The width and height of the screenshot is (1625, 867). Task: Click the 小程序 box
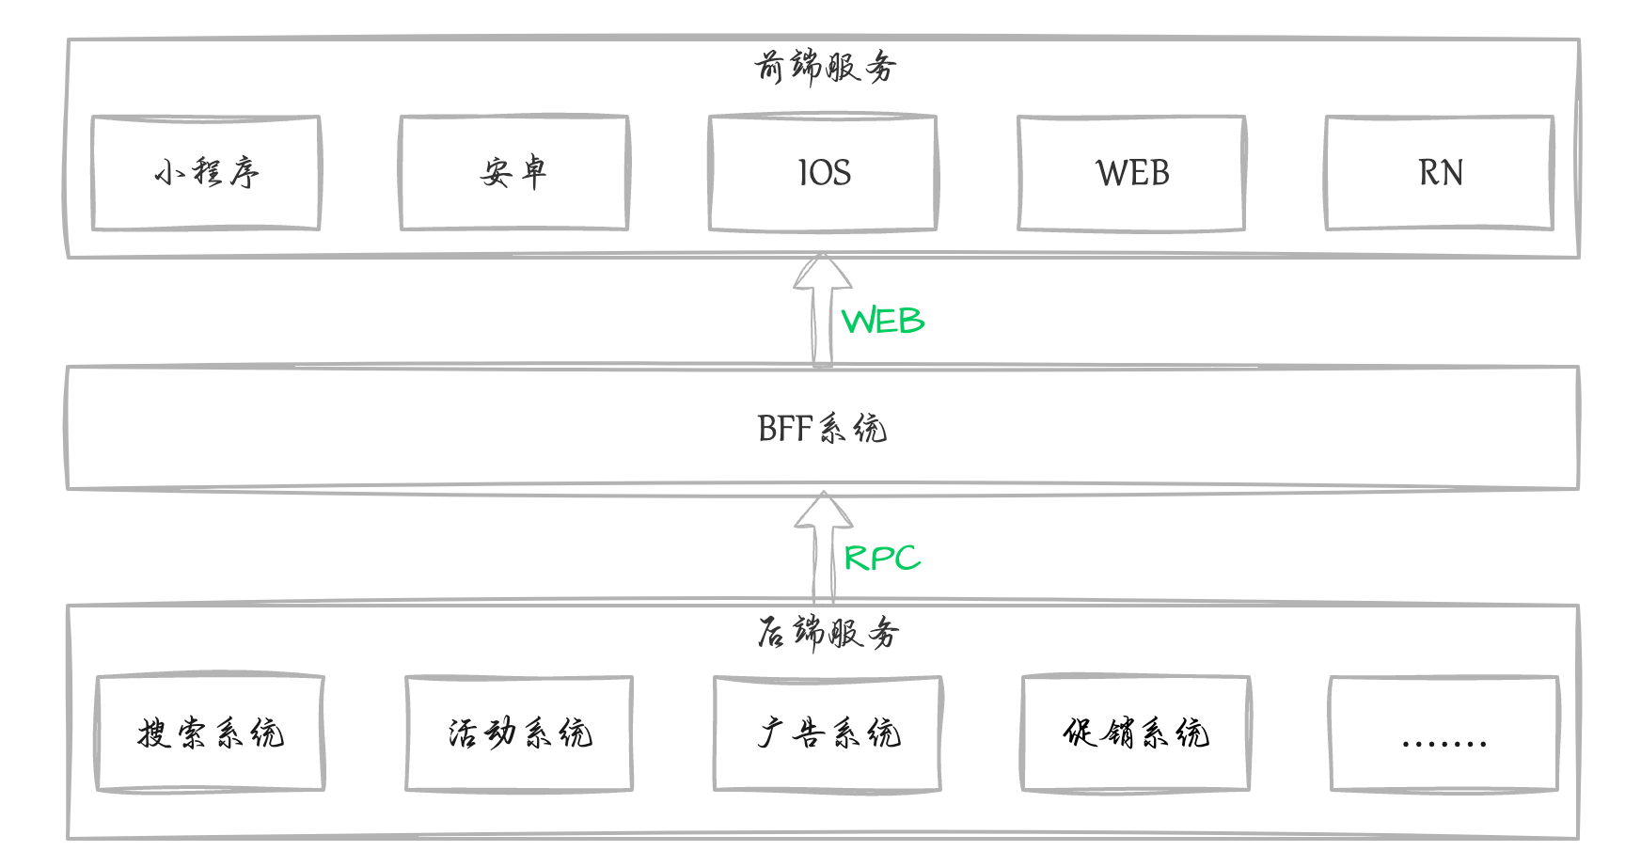point(206,173)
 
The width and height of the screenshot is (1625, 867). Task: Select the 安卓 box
point(513,173)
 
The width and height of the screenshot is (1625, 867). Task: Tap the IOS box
point(823,173)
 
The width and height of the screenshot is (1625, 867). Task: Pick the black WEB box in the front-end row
point(1131,173)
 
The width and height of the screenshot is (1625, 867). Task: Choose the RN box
point(1439,173)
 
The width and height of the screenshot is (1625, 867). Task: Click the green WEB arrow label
point(882,322)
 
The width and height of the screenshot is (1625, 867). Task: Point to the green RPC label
point(881,559)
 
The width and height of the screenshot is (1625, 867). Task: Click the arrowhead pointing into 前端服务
point(823,272)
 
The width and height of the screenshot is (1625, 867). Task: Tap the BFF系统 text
point(822,429)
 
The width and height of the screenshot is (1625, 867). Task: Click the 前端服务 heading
point(825,68)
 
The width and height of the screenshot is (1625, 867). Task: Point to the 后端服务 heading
point(828,633)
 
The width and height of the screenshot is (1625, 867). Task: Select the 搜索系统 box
point(211,733)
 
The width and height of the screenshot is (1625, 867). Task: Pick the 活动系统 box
point(519,733)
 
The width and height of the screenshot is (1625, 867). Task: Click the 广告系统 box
point(828,733)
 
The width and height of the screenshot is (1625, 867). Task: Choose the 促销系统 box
point(1136,733)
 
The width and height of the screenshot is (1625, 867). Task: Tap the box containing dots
point(1444,733)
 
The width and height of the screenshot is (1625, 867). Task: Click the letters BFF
point(784,429)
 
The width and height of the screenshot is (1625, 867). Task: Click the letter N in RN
point(1452,173)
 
